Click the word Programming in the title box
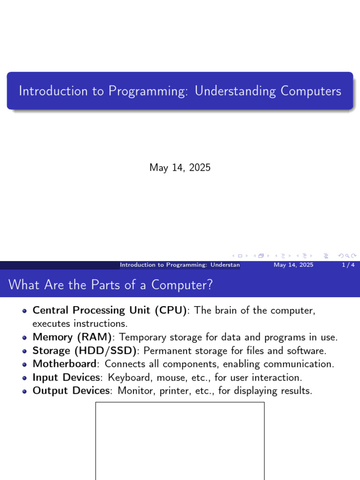[148, 91]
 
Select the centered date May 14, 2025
[180, 167]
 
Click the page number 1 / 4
[348, 265]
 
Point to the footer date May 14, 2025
[293, 265]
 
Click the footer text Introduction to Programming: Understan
[180, 265]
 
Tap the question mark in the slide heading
[210, 285]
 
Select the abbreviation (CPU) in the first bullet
[171, 310]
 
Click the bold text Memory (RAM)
[72, 337]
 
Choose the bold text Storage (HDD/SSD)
[84, 351]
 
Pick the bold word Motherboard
[65, 364]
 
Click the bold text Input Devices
[67, 377]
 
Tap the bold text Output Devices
[71, 390]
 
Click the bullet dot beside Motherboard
[24, 364]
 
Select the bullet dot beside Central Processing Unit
[24, 311]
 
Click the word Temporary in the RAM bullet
[142, 337]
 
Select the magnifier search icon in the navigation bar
[347, 255]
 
